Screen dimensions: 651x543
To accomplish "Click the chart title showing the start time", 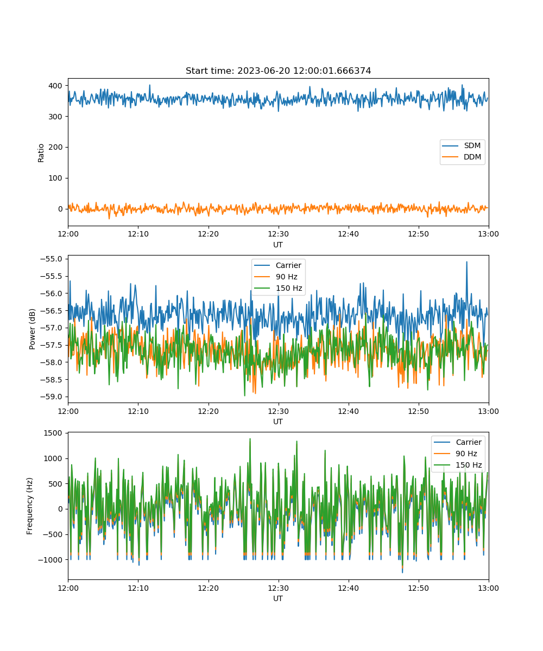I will [x=278, y=71].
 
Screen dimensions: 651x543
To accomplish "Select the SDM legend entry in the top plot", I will [x=472, y=146].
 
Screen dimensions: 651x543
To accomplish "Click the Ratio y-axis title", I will [x=41, y=152].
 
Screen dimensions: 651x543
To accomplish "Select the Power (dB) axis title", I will [x=33, y=329].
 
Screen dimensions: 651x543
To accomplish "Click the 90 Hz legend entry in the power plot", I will [x=286, y=277].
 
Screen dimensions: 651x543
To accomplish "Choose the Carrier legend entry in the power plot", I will [x=288, y=265].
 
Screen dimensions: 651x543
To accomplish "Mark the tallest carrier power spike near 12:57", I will [x=466, y=262].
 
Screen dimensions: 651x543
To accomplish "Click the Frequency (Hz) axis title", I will [x=30, y=506].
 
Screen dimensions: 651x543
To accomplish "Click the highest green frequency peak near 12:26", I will [x=250, y=439].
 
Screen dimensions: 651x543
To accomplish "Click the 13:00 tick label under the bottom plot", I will [x=488, y=588].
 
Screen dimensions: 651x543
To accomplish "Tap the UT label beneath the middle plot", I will [x=278, y=422].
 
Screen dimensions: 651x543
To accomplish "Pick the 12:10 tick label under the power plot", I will [x=138, y=411].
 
